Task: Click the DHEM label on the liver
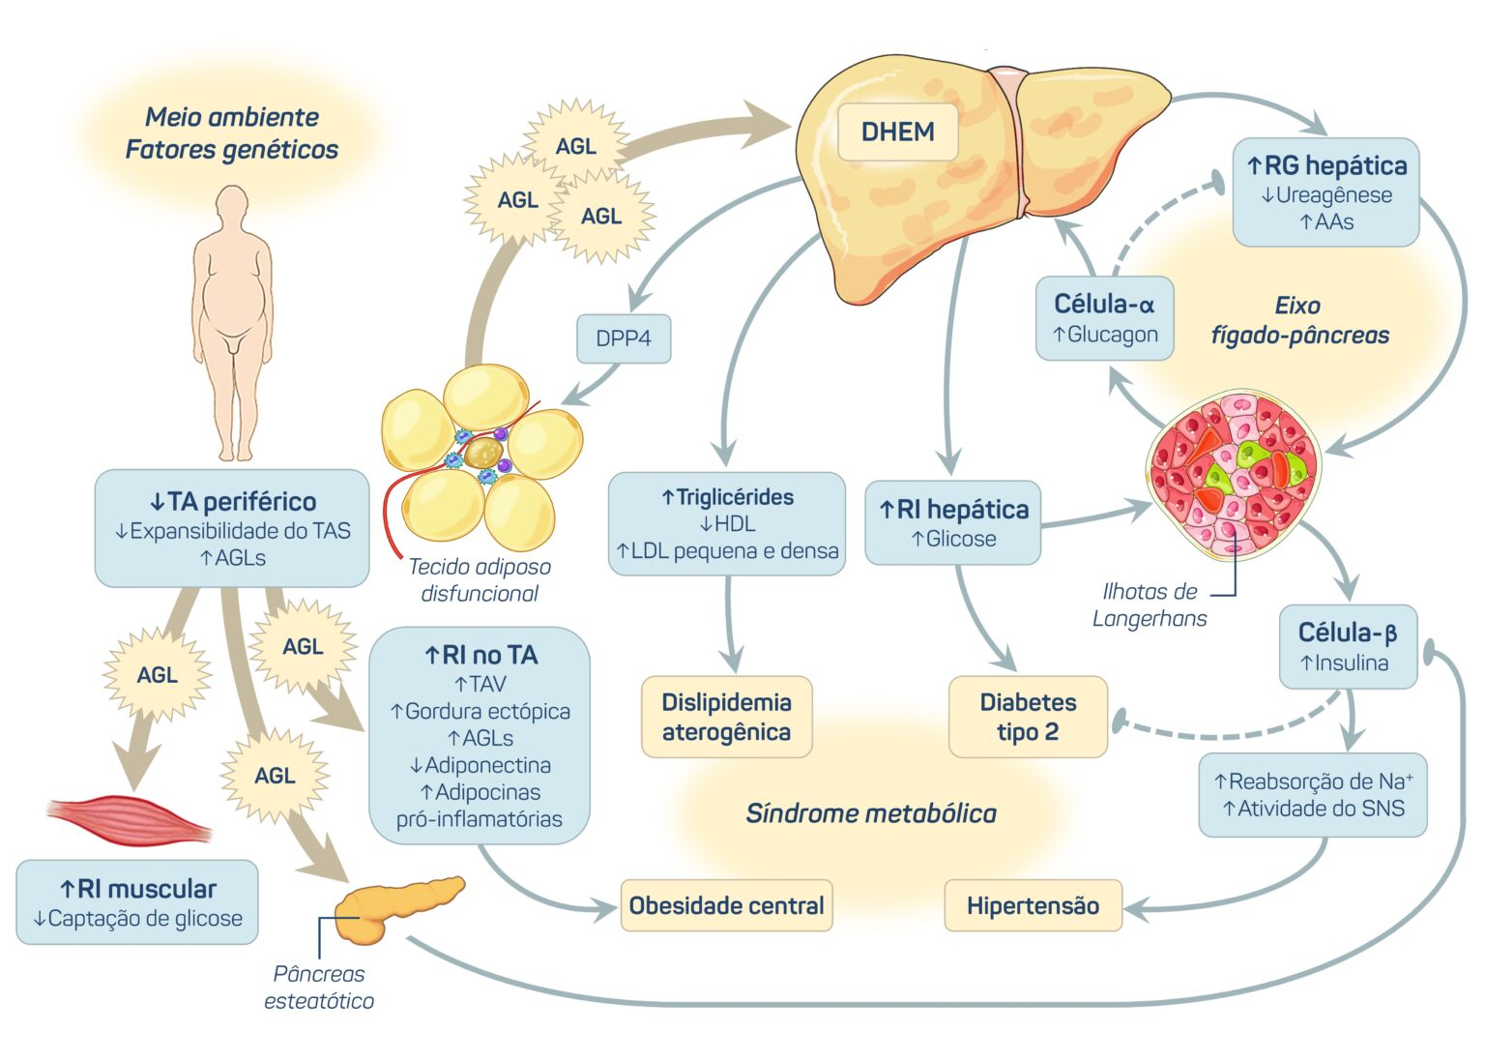pyautogui.click(x=897, y=132)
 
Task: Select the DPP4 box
pyautogui.click(x=624, y=339)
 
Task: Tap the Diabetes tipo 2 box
pyautogui.click(x=1028, y=717)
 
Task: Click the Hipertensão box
pyautogui.click(x=1033, y=905)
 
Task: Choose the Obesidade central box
pyautogui.click(x=726, y=905)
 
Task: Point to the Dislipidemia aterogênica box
pyautogui.click(x=726, y=717)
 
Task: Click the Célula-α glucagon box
pyautogui.click(x=1104, y=318)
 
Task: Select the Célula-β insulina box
pyautogui.click(x=1348, y=647)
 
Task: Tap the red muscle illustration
pyautogui.click(x=129, y=818)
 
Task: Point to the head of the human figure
pyautogui.click(x=232, y=206)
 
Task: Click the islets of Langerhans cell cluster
pyautogui.click(x=1232, y=474)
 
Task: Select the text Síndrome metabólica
pyautogui.click(x=870, y=813)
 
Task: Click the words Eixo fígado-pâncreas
pyautogui.click(x=1299, y=320)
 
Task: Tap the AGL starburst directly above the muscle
pyautogui.click(x=157, y=674)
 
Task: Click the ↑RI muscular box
pyautogui.click(x=137, y=901)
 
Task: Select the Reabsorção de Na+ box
pyautogui.click(x=1312, y=794)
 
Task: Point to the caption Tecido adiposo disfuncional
pyautogui.click(x=480, y=579)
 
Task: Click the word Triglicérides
pyautogui.click(x=734, y=497)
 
